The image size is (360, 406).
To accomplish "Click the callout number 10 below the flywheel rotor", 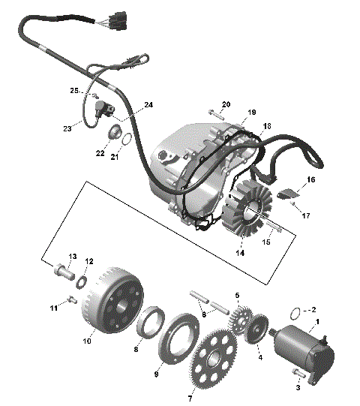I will click(x=87, y=340).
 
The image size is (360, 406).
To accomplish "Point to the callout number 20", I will click(x=226, y=104).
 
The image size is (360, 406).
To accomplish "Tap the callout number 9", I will click(x=157, y=373).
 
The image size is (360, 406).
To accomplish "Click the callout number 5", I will click(x=237, y=296).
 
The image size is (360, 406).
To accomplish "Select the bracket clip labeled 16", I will click(x=286, y=195).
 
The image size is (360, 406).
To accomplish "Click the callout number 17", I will click(x=306, y=216).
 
